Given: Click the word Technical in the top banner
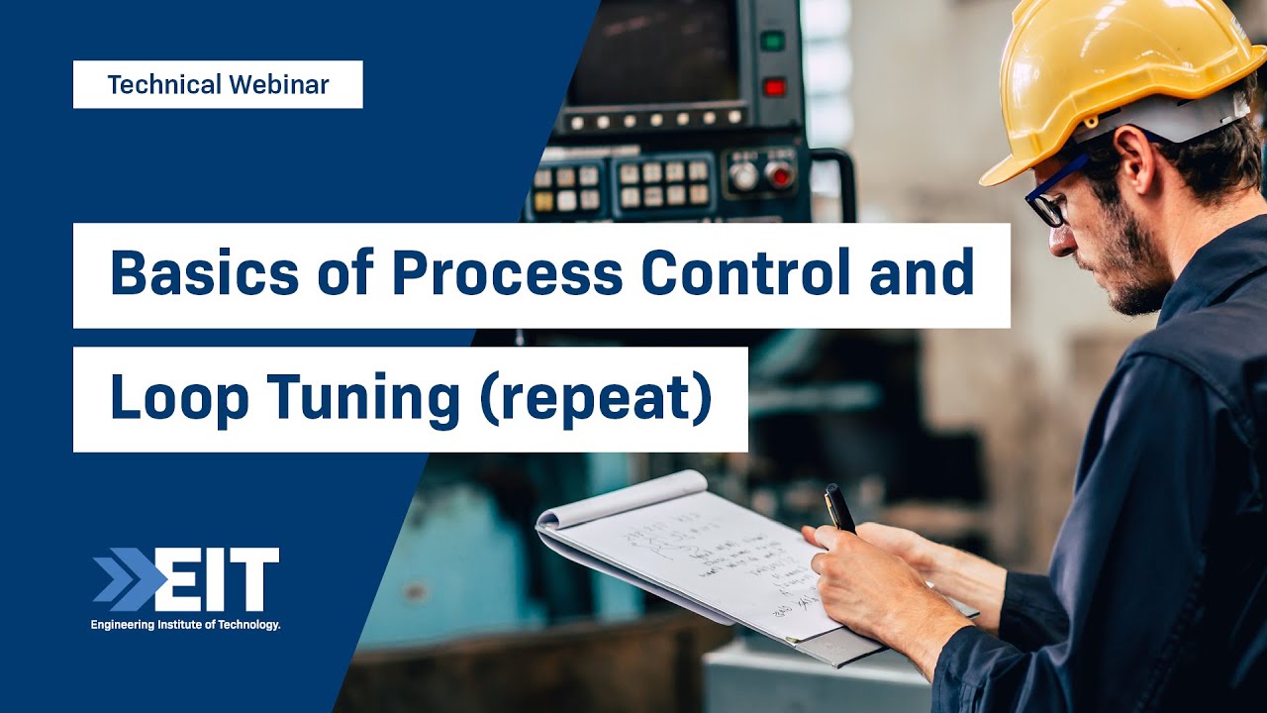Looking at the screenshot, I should [164, 85].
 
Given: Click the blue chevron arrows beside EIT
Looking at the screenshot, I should [124, 579].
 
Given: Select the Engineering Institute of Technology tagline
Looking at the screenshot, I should [185, 625].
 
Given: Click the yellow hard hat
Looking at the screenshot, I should [1119, 79].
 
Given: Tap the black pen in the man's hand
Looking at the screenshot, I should [839, 507].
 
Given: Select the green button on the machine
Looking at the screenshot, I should [772, 42].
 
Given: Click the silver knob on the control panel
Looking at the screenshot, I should [742, 176].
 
